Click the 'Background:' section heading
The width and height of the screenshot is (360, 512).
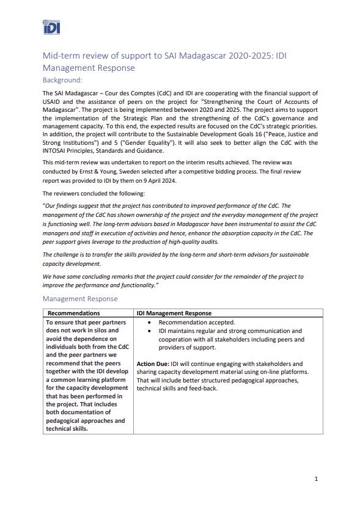coord(62,80)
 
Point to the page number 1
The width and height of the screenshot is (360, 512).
coord(315,479)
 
